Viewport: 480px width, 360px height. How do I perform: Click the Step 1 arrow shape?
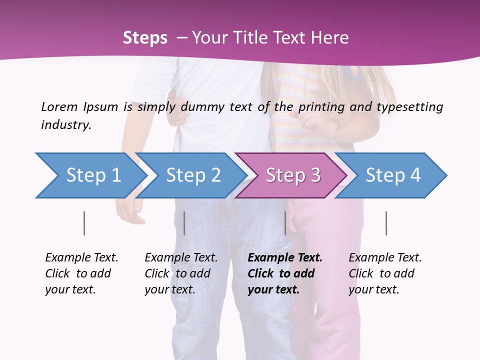pyautogui.click(x=92, y=175)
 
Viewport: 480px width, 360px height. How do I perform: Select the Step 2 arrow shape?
pyautogui.click(x=193, y=175)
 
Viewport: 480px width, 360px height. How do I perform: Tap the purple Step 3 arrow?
pyautogui.click(x=293, y=175)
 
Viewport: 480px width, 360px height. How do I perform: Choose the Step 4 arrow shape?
pyautogui.click(x=393, y=175)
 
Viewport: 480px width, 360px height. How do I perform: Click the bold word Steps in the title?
pyautogui.click(x=145, y=38)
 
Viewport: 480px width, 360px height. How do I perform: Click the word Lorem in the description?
pyautogui.click(x=59, y=106)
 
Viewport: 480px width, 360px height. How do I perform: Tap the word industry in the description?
pyautogui.click(x=66, y=124)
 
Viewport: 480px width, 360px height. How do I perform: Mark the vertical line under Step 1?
pyautogui.click(x=84, y=223)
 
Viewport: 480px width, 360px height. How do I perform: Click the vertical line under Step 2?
pyautogui.click(x=184, y=223)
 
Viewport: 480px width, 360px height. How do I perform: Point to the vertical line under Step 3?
pyautogui.click(x=285, y=223)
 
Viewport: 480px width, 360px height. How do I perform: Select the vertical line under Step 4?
pyautogui.click(x=386, y=223)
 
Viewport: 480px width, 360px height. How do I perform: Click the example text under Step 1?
pyautogui.click(x=81, y=273)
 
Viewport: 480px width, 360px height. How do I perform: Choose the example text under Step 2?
pyautogui.click(x=181, y=273)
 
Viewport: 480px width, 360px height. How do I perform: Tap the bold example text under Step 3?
pyautogui.click(x=285, y=273)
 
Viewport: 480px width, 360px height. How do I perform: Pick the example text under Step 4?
pyautogui.click(x=385, y=273)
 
